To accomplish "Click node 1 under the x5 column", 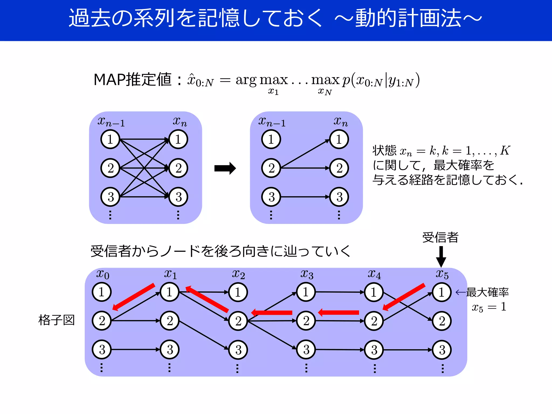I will tap(441, 292).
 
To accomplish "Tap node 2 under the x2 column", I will tap(238, 321).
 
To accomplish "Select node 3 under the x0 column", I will tap(102, 350).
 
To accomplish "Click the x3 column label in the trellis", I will tap(307, 274).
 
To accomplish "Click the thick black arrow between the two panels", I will tap(225, 168).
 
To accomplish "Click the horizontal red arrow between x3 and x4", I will tap(339, 313).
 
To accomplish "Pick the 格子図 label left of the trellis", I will tap(56, 320).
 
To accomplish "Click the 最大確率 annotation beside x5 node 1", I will tap(487, 292).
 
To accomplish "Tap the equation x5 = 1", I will tap(489, 307).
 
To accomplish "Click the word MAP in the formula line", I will tap(109, 80).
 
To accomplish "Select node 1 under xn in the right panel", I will tap(339, 139).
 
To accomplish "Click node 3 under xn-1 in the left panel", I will tap(110, 197).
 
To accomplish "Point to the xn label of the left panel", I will tap(180, 122).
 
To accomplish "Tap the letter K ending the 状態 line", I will tap(505, 151).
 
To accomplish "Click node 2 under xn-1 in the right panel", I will tap(271, 168).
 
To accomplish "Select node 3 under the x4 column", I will tap(374, 350).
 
